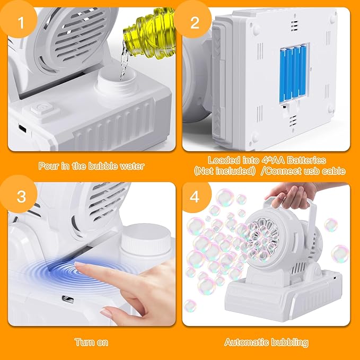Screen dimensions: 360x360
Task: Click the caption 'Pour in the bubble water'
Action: tap(91, 166)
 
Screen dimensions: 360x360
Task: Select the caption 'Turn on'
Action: tap(91, 342)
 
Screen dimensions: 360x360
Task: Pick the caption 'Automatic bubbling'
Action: tap(266, 342)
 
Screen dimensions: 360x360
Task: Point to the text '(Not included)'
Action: tap(223, 171)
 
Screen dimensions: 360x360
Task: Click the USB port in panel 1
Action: tap(22, 129)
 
